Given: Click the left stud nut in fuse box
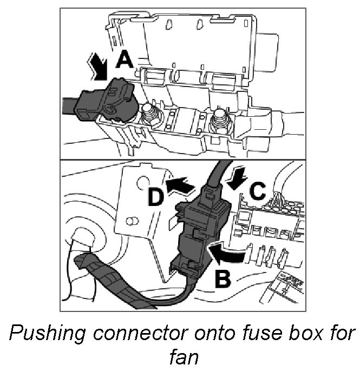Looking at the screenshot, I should click(150, 116).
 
